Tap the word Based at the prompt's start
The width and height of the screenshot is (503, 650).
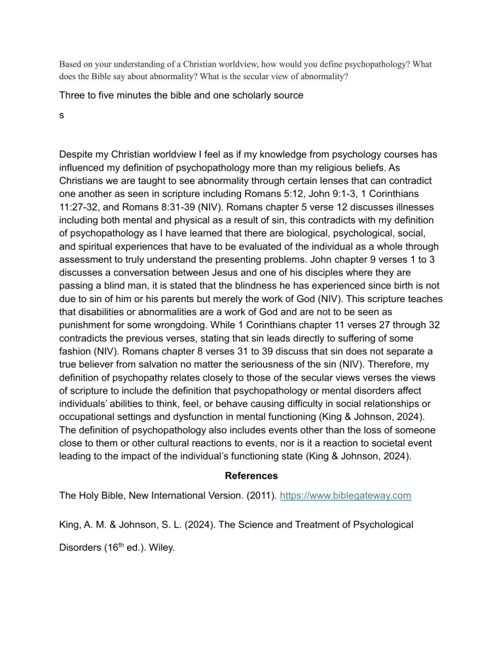(x=71, y=65)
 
